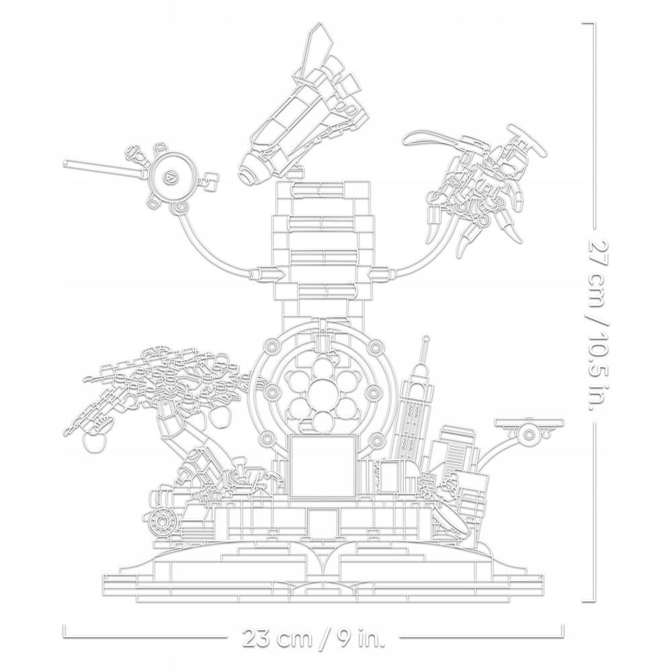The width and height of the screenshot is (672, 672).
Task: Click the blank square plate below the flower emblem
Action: pos(323,466)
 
